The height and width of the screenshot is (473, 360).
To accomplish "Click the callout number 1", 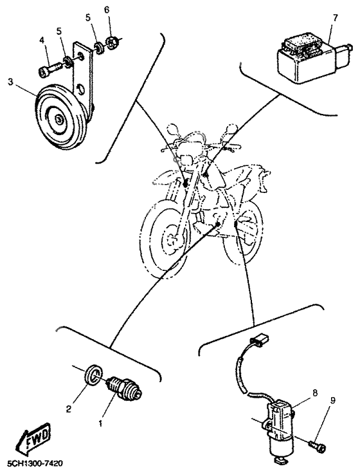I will pyautogui.click(x=100, y=424).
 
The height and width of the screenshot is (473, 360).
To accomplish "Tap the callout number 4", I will pyautogui.click(x=42, y=40).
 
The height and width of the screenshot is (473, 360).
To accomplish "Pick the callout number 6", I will pyautogui.click(x=107, y=10).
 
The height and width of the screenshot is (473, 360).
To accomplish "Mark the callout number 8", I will pyautogui.click(x=315, y=391).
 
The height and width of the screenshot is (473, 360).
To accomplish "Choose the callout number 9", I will pyautogui.click(x=332, y=400).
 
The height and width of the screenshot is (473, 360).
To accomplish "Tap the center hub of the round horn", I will pyautogui.click(x=59, y=118).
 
